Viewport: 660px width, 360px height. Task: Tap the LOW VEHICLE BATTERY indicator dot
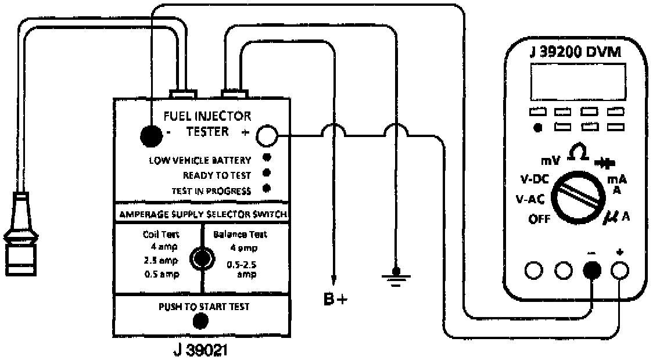[x=267, y=158]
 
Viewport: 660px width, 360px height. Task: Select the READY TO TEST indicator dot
[x=267, y=173]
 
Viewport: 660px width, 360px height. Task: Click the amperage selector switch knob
[x=202, y=259]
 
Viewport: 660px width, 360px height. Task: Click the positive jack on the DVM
[x=621, y=269]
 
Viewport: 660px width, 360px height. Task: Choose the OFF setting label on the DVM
[x=540, y=219]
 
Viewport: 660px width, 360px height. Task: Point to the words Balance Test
[x=241, y=235]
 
